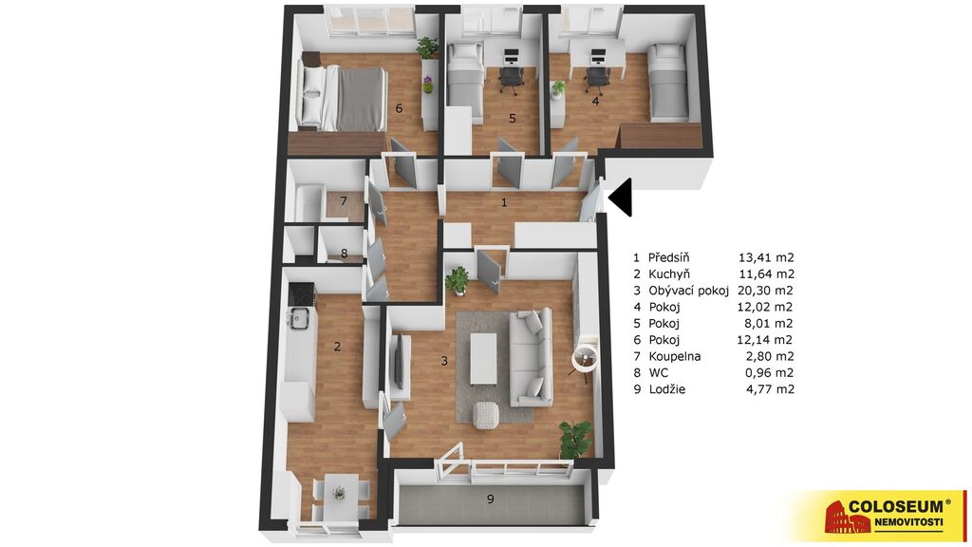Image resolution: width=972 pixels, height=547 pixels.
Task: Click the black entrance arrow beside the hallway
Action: tap(623, 198)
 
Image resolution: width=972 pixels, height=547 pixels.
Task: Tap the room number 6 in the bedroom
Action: tap(399, 108)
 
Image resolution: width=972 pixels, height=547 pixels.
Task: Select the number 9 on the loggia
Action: tap(491, 499)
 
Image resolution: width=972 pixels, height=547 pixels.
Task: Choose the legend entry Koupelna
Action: tap(675, 357)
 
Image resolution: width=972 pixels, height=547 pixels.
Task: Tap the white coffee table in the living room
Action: tap(483, 359)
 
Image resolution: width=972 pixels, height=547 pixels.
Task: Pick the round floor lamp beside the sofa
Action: tap(584, 358)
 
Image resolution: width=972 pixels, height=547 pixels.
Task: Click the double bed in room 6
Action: tap(342, 99)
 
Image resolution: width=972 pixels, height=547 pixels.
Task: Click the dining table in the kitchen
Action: tap(339, 493)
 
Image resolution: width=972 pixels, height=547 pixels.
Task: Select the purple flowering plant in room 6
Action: tap(428, 85)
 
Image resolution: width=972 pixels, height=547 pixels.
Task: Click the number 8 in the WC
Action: tap(344, 254)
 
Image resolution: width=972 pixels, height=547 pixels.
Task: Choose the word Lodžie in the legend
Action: tap(666, 389)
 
